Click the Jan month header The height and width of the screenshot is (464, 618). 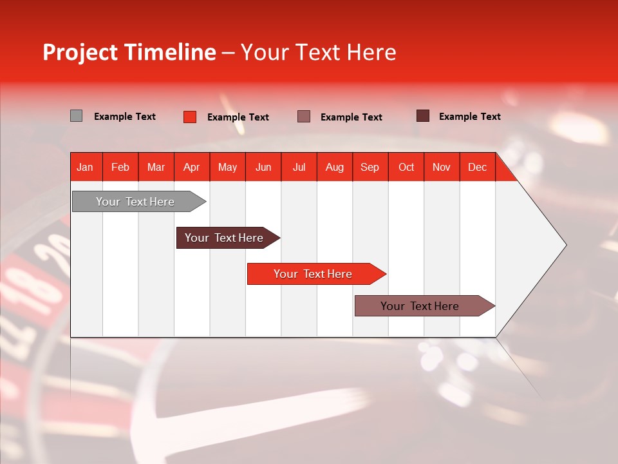pyautogui.click(x=86, y=167)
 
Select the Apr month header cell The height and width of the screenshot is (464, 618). pyautogui.click(x=192, y=167)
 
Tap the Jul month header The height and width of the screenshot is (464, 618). pyautogui.click(x=299, y=167)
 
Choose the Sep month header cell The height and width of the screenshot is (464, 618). pyautogui.click(x=370, y=167)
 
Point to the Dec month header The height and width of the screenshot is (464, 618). pyautogui.click(x=477, y=167)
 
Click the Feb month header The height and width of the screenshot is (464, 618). pyautogui.click(x=120, y=167)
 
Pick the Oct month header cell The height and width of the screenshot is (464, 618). pyautogui.click(x=406, y=167)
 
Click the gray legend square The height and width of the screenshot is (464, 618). pyautogui.click(x=76, y=116)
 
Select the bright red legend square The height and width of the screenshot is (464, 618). pyautogui.click(x=189, y=117)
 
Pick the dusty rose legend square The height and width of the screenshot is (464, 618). pyautogui.click(x=304, y=117)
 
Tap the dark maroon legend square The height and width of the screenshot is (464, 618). pyautogui.click(x=422, y=116)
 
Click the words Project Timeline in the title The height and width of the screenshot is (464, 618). pyautogui.click(x=129, y=52)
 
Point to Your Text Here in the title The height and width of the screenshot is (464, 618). pyautogui.click(x=319, y=52)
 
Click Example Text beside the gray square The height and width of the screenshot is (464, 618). pyautogui.click(x=125, y=117)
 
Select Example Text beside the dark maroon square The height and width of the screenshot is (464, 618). pyautogui.click(x=469, y=117)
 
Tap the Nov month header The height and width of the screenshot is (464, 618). pyautogui.click(x=442, y=167)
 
